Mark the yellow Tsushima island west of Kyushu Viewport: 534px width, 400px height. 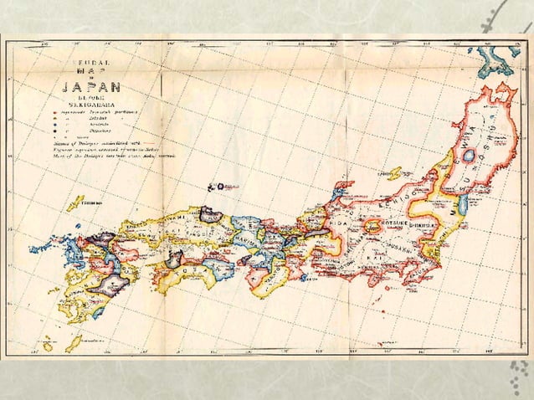(76, 203)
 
